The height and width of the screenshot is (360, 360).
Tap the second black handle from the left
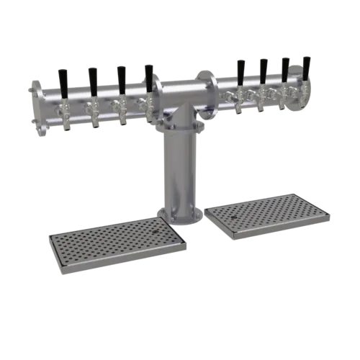[x=92, y=77]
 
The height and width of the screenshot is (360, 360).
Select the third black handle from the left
[x=120, y=76]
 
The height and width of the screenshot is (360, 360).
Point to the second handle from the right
[x=285, y=69]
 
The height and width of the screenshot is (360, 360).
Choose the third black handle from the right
[x=264, y=71]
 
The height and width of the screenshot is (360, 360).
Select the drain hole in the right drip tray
[x=235, y=214]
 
